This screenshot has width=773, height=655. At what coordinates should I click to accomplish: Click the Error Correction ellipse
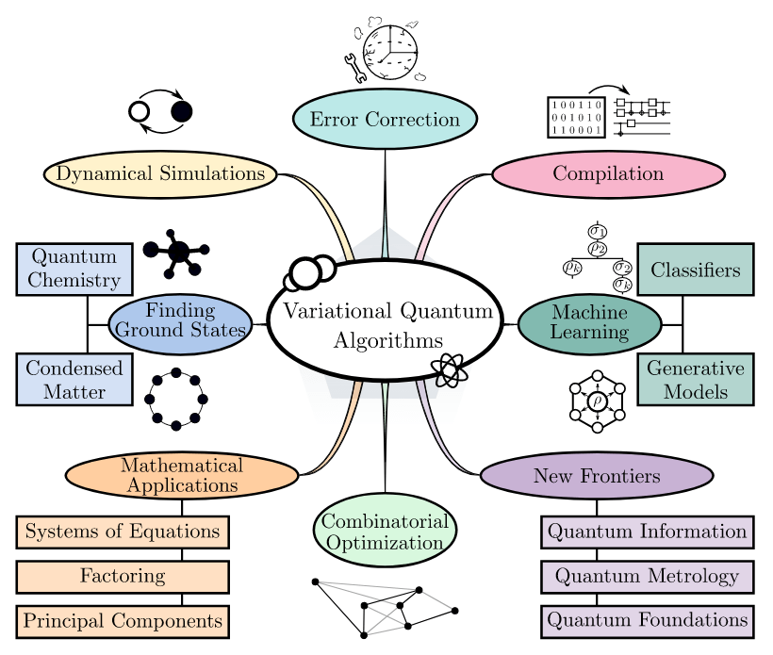pyautogui.click(x=385, y=120)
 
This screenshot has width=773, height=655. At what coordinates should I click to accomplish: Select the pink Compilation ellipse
pyautogui.click(x=608, y=173)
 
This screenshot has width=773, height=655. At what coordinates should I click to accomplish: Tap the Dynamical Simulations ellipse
pyautogui.click(x=160, y=173)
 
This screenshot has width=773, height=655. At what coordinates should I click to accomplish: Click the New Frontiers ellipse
pyautogui.click(x=597, y=476)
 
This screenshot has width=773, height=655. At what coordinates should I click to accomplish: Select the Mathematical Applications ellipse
pyautogui.click(x=182, y=476)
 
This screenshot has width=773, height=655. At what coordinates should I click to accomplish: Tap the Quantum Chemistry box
pyautogui.click(x=74, y=269)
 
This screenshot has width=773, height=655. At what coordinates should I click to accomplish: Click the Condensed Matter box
pyautogui.click(x=74, y=379)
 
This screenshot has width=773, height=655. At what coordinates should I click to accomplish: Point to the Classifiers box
pyautogui.click(x=696, y=270)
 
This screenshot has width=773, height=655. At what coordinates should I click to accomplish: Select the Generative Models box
pyautogui.click(x=696, y=379)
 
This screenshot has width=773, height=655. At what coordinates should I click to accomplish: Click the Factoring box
pyautogui.click(x=123, y=576)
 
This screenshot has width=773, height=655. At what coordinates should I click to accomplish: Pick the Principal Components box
pyautogui.click(x=123, y=621)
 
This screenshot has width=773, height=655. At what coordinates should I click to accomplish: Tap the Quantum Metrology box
pyautogui.click(x=648, y=576)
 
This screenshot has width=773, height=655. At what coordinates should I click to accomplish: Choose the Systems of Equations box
pyautogui.click(x=123, y=532)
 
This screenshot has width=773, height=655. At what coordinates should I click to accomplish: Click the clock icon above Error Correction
pyautogui.click(x=390, y=52)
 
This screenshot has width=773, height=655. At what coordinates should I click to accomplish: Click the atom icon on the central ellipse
pyautogui.click(x=449, y=369)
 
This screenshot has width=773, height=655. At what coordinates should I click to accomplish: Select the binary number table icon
pyautogui.click(x=576, y=117)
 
